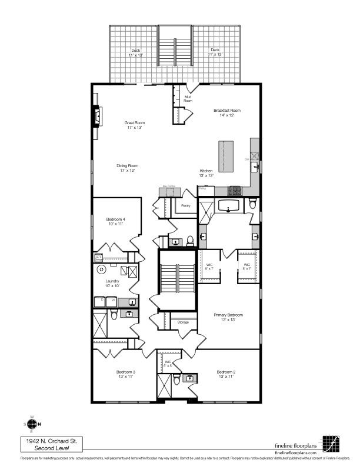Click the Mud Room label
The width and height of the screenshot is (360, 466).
(188, 99)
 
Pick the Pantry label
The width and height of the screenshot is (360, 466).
(186, 206)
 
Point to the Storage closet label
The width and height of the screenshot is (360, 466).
(183, 322)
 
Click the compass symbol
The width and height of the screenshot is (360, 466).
(32, 424)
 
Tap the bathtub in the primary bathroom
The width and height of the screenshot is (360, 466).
(228, 206)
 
